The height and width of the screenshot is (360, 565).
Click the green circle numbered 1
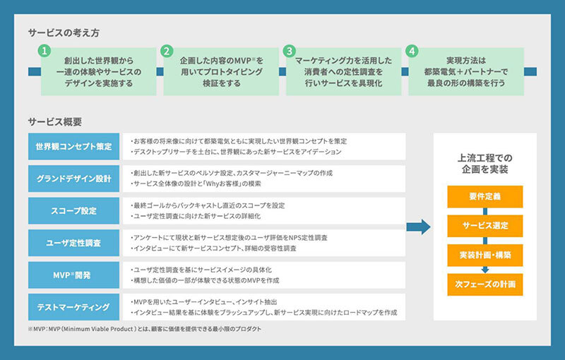44,52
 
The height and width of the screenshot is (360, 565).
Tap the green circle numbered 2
167,52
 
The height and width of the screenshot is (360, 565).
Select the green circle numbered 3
289,52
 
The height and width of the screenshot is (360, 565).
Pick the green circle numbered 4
412,52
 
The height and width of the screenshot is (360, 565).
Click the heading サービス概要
55,121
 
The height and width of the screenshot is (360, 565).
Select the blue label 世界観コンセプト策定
73,146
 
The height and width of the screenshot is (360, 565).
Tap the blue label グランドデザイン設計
73,178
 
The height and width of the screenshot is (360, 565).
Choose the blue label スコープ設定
73,210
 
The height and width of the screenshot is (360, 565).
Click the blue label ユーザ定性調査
73,243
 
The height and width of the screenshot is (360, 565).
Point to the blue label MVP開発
73,275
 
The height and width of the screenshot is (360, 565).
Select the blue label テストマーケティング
73,307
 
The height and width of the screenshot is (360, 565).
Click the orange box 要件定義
484,196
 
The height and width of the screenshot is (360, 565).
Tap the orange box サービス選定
484,225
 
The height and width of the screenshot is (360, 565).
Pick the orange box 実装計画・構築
484,254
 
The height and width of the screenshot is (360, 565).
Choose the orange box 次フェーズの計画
484,284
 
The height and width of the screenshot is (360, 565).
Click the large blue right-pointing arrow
420,227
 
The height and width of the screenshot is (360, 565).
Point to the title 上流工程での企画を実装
484,163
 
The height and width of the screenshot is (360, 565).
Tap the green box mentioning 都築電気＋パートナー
466,71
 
